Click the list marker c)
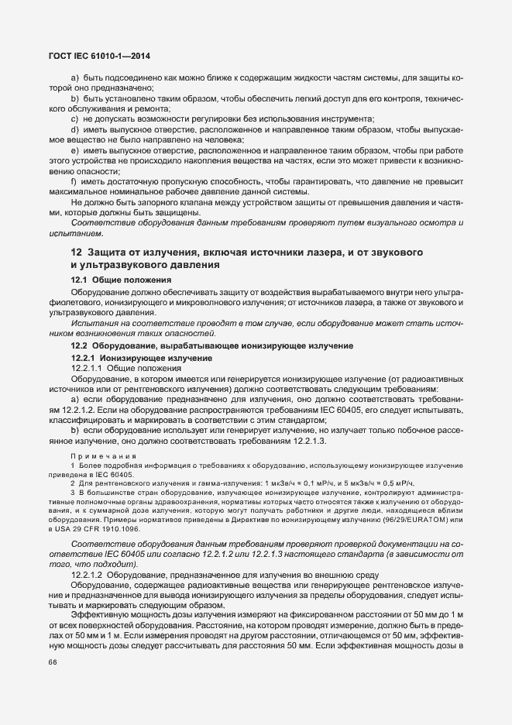[x=75, y=119]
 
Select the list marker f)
[x=74, y=180]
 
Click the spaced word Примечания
[x=104, y=456]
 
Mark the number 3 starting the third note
[x=73, y=493]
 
